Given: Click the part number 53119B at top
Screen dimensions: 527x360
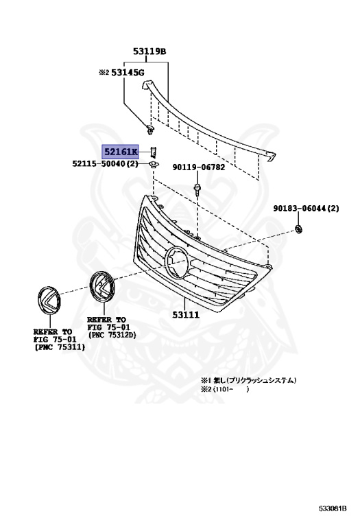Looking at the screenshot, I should point(150,51).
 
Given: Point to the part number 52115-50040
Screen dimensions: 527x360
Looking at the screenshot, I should point(104,165).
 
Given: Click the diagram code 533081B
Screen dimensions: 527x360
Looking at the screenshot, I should point(333,508).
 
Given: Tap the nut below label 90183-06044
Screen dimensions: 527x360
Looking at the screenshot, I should point(298,227).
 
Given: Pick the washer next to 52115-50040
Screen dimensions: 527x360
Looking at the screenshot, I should point(153,165).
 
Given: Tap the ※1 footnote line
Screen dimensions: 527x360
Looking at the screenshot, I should point(252,379).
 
